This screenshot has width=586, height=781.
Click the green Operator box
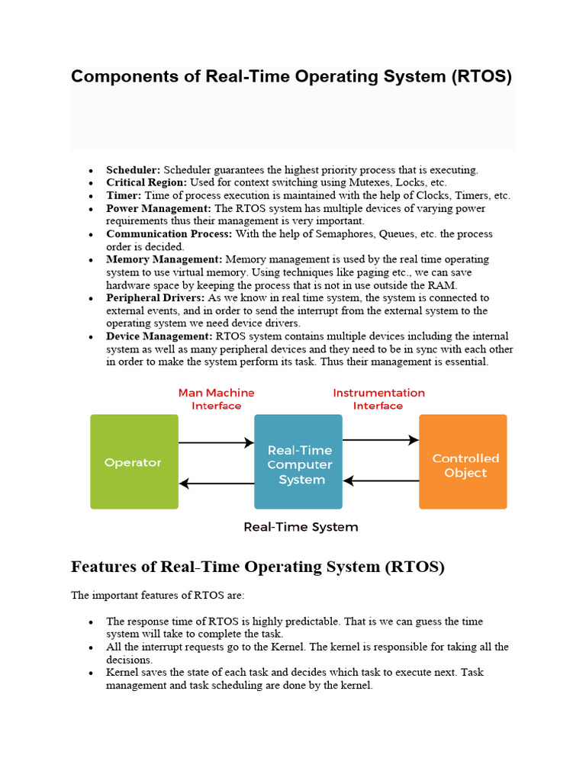pos(134,461)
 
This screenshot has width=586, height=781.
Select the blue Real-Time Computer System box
pos(298,461)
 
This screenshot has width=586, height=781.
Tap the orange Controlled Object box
pos(463,461)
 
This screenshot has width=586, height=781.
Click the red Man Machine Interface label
pos(216,399)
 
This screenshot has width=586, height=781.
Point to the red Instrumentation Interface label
pos(378,399)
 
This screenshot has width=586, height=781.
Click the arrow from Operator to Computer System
pos(216,442)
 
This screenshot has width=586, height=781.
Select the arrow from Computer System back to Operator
pos(216,483)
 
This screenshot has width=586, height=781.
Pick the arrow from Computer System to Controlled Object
pos(381,440)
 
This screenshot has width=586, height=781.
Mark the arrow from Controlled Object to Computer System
pos(381,480)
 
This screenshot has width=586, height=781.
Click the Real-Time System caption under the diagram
pos(300,527)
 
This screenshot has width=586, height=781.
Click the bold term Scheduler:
pos(133,170)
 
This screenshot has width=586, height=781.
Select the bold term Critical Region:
pos(146,183)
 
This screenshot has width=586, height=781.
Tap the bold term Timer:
pos(124,196)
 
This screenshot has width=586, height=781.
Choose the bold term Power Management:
pos(159,208)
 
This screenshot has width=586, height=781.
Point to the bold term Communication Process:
pos(170,234)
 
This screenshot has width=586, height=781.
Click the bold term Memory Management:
pos(164,259)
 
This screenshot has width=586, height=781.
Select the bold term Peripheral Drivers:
pos(155,297)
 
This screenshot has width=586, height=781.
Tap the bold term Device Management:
pos(159,336)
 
